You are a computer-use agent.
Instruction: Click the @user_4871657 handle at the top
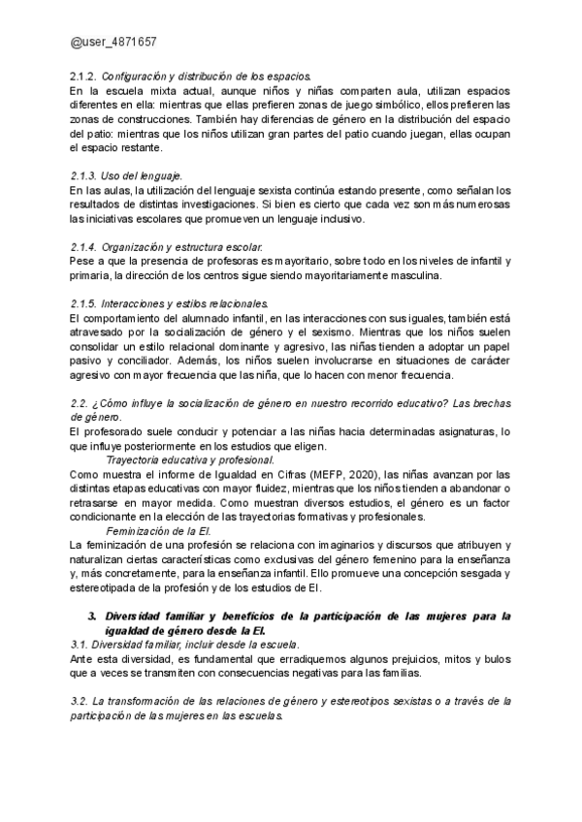coord(114,45)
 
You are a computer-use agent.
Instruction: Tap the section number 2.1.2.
coord(83,76)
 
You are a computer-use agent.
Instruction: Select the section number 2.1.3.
coord(83,176)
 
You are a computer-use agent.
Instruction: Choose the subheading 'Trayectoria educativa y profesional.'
coord(190,459)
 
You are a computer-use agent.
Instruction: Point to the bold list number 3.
coord(91,615)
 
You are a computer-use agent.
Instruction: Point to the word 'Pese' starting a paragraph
coord(81,262)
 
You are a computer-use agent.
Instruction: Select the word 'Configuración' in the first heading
coord(133,76)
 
